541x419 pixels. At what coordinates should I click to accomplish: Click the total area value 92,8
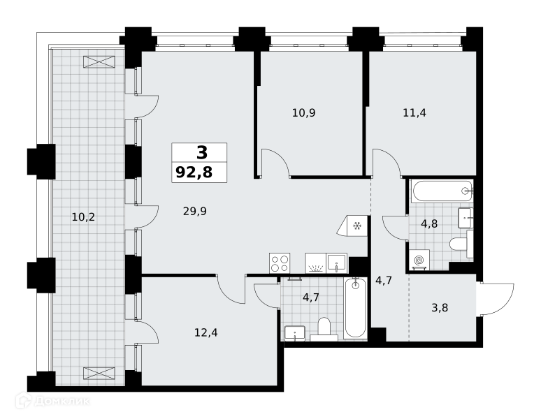194,172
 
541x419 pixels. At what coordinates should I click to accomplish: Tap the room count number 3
202,153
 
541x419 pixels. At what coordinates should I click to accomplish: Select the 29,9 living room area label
194,211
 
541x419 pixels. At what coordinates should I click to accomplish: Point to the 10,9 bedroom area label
303,112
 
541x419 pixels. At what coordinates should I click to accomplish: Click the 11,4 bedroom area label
414,112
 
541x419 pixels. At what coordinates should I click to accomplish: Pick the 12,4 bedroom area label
206,332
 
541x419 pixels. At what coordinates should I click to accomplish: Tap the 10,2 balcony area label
83,217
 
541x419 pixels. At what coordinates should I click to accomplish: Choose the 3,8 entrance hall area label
440,307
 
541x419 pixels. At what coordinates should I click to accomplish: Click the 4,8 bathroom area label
429,224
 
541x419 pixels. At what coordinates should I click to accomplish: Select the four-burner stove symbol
280,263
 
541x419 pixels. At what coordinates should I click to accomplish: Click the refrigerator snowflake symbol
356,226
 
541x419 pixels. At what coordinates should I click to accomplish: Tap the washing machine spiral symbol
419,260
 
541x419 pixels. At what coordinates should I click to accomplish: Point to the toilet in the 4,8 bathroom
461,244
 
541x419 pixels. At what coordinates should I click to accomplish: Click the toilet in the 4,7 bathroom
324,329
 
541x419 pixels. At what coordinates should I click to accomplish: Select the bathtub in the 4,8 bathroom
441,191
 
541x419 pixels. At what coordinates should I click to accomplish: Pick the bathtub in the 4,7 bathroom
355,308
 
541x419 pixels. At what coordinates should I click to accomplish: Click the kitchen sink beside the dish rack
337,263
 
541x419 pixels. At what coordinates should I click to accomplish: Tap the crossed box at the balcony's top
99,61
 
